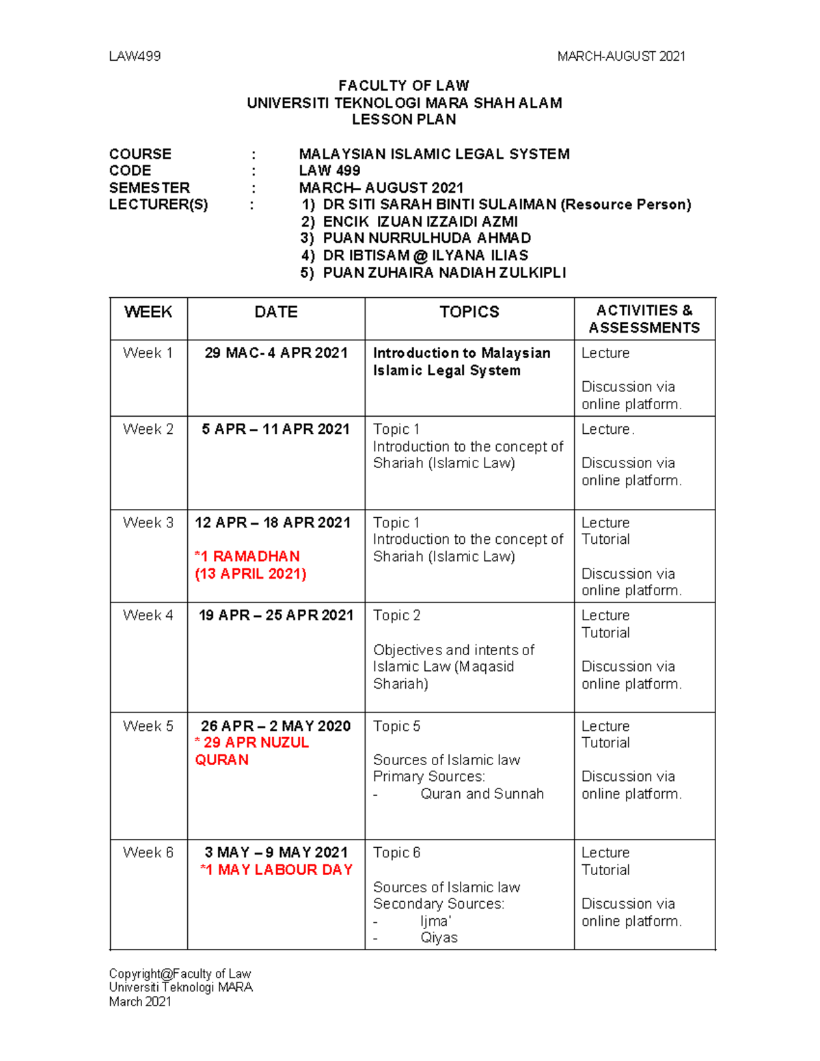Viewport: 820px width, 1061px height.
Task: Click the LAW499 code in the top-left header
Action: tap(135, 56)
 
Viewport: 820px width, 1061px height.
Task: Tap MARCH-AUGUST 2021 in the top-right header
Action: tap(621, 56)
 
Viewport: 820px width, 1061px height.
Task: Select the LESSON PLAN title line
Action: tap(403, 120)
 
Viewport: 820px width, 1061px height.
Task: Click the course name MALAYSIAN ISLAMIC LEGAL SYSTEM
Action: tap(434, 154)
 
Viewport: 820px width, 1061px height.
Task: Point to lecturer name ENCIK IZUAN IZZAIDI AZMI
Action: tap(420, 221)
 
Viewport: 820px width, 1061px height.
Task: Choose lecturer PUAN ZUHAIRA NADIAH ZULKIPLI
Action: tap(443, 273)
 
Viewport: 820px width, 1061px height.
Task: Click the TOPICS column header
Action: tap(469, 312)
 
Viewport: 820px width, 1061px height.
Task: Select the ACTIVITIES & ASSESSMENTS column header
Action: tap(644, 319)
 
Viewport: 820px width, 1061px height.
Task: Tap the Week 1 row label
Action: tap(148, 353)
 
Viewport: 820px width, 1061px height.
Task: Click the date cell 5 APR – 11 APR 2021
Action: tap(275, 429)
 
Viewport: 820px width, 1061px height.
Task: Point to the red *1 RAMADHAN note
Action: tap(247, 556)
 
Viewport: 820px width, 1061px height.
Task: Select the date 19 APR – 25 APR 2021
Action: tap(275, 616)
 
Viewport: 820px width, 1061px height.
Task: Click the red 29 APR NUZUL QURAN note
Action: tap(251, 751)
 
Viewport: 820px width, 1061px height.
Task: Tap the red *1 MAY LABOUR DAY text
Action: tap(276, 870)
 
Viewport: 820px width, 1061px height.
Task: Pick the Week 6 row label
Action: tap(148, 853)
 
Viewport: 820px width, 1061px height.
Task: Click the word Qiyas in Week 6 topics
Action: tap(439, 938)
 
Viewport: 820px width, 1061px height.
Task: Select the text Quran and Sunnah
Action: tap(482, 794)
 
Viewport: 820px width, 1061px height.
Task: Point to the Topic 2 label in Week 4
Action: tap(396, 616)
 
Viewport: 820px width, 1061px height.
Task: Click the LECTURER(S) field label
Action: tap(159, 204)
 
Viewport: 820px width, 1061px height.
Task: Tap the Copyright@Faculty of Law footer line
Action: tap(180, 974)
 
